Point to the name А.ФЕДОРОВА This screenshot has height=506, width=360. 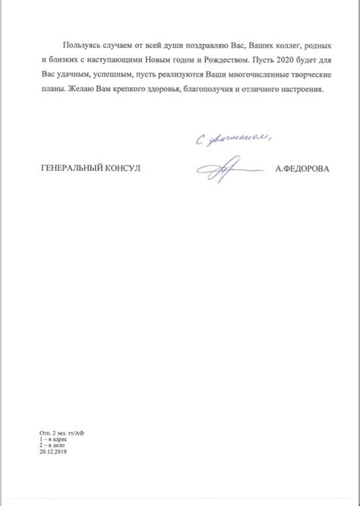pyautogui.click(x=302, y=169)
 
